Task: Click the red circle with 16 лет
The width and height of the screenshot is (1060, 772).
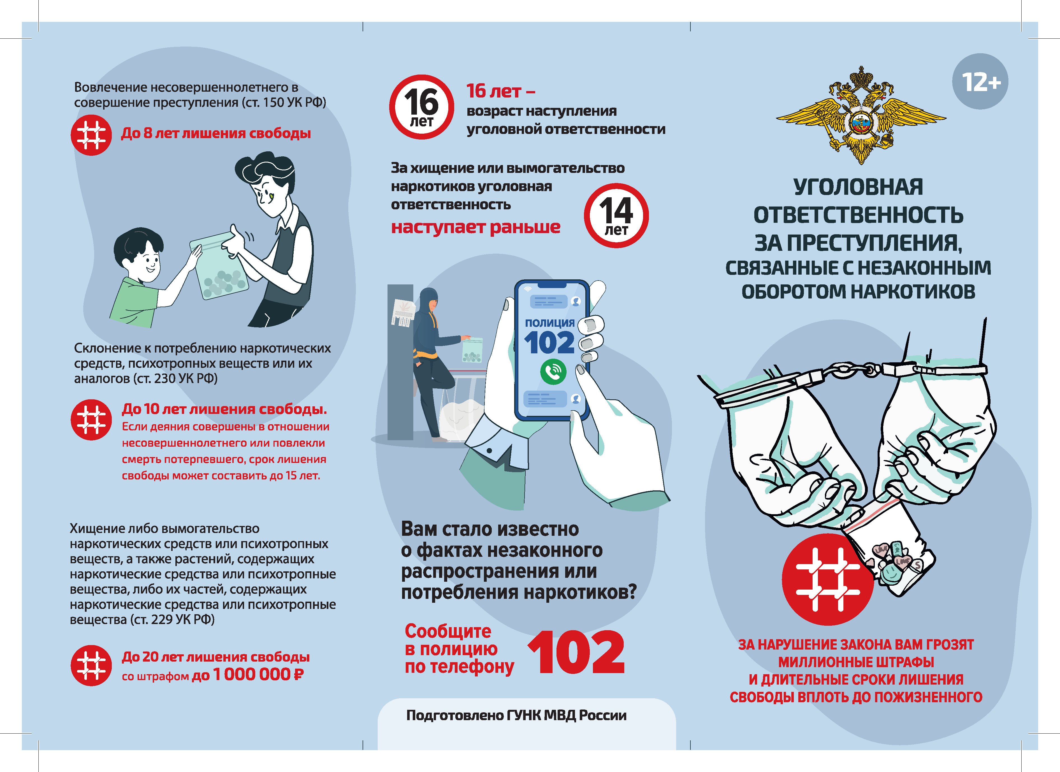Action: [422, 107]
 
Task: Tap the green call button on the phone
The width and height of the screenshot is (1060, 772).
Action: [553, 372]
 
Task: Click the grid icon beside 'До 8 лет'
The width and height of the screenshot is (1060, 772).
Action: [91, 135]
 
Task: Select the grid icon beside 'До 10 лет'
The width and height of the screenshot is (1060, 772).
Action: [91, 420]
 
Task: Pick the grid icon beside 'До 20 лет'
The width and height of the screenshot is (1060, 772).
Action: [91, 666]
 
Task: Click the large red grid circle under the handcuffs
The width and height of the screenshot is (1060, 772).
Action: [827, 579]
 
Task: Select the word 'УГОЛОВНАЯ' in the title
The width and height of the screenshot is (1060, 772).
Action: [858, 187]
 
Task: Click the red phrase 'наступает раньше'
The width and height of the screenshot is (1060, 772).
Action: [475, 227]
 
